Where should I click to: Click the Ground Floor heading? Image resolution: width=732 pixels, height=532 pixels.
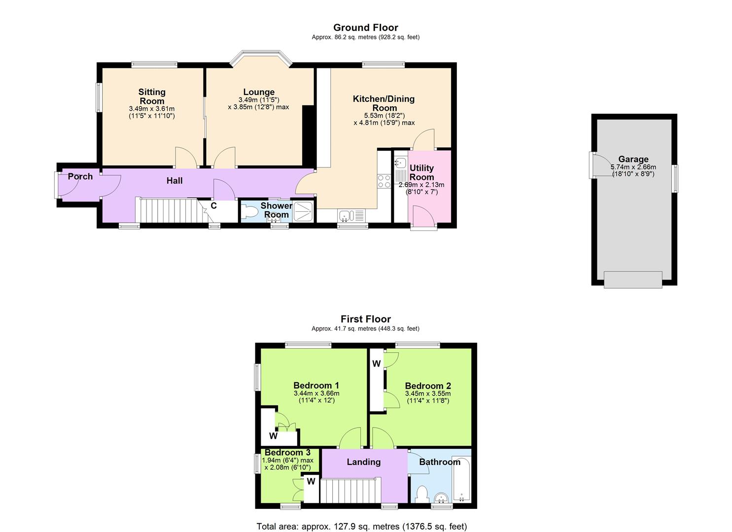pyautogui.click(x=365, y=28)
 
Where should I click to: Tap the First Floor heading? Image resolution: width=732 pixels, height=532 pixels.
pyautogui.click(x=365, y=319)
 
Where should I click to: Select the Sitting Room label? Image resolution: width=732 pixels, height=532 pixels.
pyautogui.click(x=152, y=96)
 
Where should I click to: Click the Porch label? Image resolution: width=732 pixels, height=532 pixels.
pyautogui.click(x=80, y=176)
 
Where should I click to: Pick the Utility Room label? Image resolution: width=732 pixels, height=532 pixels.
pyautogui.click(x=421, y=172)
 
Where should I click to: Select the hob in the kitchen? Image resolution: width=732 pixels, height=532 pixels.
pyautogui.click(x=384, y=181)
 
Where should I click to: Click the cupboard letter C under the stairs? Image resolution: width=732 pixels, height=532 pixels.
pyautogui.click(x=214, y=206)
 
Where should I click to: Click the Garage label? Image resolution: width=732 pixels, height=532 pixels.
pyautogui.click(x=633, y=159)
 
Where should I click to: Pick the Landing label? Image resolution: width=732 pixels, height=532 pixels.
pyautogui.click(x=364, y=462)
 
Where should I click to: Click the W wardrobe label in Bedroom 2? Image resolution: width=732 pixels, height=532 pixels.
pyautogui.click(x=377, y=364)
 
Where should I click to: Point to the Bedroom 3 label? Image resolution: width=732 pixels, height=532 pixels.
pyautogui.click(x=287, y=452)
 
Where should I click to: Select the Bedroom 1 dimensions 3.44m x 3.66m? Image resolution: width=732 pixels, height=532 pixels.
pyautogui.click(x=316, y=393)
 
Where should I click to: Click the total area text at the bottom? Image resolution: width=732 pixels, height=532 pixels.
pyautogui.click(x=361, y=526)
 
